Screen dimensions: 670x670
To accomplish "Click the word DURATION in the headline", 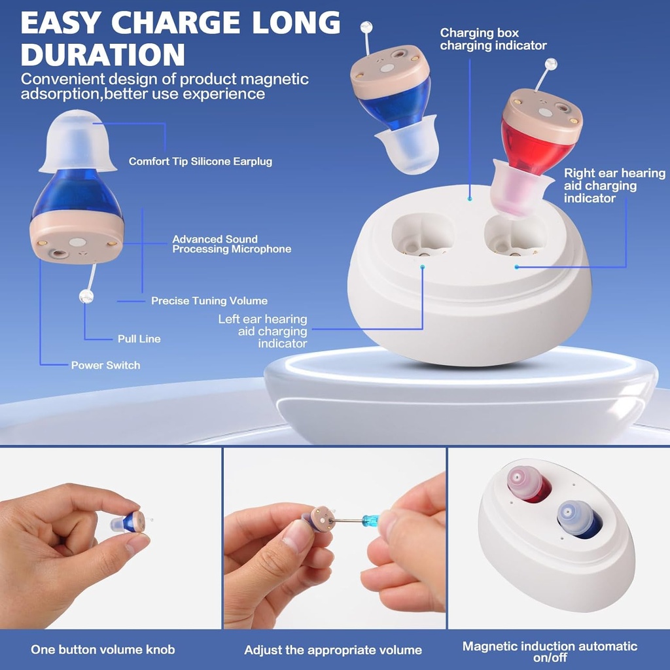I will [x=103, y=54].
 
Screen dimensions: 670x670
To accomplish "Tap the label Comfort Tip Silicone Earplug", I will [x=200, y=161].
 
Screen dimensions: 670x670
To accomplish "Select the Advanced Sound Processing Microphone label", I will [x=232, y=244].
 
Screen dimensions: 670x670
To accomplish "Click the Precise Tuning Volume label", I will [x=209, y=301].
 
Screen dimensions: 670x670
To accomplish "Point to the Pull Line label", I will [x=139, y=339].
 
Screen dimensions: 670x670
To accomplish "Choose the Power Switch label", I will [x=105, y=365].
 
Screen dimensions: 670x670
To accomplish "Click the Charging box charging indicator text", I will [x=493, y=39].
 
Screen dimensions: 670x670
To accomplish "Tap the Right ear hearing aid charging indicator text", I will [x=614, y=185].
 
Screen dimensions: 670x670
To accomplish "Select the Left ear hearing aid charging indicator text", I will [x=263, y=331].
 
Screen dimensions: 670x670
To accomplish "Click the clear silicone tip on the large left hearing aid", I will [x=77, y=141].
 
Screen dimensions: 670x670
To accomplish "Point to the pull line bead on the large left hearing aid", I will [x=86, y=296].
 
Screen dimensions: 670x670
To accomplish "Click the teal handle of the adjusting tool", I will [x=372, y=520].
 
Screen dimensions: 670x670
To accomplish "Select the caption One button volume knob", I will [x=103, y=650].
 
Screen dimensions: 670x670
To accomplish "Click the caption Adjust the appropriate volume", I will [x=332, y=650].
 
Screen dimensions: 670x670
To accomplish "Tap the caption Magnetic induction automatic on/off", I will [x=550, y=650].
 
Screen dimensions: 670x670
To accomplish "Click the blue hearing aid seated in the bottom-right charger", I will [x=579, y=519].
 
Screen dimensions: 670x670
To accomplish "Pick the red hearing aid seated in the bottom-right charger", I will [x=529, y=485].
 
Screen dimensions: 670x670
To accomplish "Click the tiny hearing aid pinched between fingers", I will [x=129, y=522].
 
